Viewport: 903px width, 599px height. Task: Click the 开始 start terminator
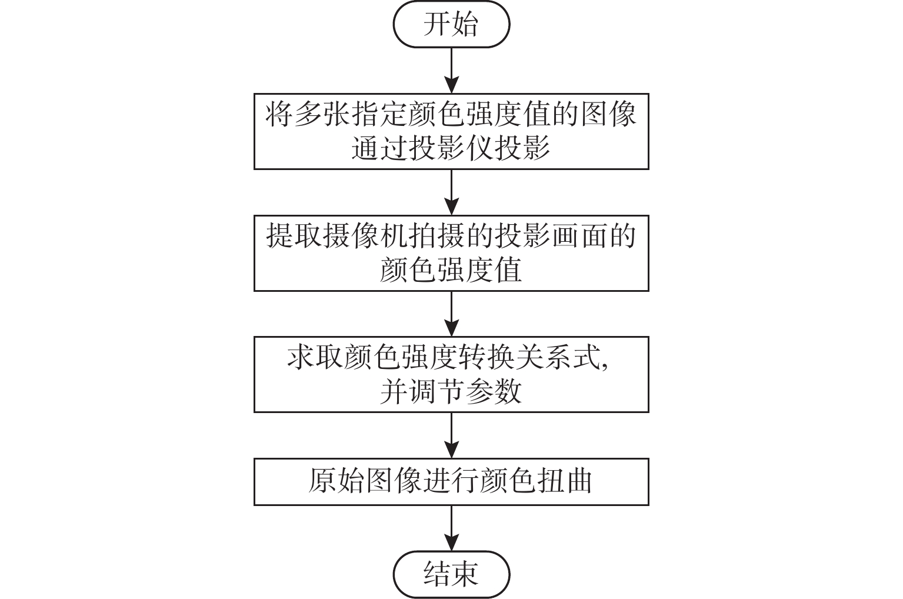click(x=451, y=25)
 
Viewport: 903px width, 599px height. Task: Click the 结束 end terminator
click(x=451, y=574)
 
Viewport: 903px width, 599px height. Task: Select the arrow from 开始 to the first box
click(x=451, y=70)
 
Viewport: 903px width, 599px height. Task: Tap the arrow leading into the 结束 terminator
click(x=451, y=528)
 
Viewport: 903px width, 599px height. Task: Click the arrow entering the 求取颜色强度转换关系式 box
click(x=451, y=314)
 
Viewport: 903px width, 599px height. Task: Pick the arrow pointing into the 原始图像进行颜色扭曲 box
click(x=451, y=435)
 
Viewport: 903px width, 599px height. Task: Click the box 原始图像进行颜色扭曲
click(x=451, y=482)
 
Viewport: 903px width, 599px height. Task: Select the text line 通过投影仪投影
click(x=451, y=149)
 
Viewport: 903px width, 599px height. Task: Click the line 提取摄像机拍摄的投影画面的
click(x=451, y=236)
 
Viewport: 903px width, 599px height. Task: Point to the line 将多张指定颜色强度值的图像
click(x=451, y=114)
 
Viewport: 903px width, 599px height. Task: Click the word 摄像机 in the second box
click(x=365, y=236)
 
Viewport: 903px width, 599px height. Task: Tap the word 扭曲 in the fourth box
click(x=564, y=482)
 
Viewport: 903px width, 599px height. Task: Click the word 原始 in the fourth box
click(x=337, y=482)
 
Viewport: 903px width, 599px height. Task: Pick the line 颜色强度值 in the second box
click(x=451, y=271)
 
